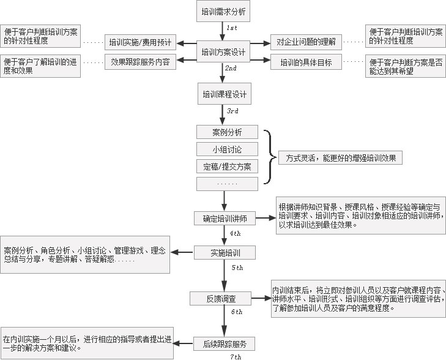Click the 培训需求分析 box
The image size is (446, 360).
(224, 11)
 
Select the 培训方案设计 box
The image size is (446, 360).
(224, 52)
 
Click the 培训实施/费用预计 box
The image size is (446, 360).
(141, 42)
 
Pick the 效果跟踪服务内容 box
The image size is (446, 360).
(141, 61)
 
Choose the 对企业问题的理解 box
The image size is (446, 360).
(306, 42)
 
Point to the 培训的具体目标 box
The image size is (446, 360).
(306, 61)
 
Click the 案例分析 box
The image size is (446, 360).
(227, 132)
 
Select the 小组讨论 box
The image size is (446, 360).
(227, 149)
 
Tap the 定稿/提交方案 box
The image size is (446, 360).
(227, 167)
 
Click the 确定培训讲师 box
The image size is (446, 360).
(225, 218)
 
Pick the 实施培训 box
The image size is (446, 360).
(225, 252)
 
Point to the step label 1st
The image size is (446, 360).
(232, 29)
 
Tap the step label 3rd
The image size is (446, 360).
(232, 111)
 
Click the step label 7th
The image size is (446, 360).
(235, 356)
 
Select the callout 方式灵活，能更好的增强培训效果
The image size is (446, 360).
(341, 158)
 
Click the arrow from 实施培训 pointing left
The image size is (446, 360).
(182, 252)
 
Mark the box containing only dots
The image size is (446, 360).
(227, 184)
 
